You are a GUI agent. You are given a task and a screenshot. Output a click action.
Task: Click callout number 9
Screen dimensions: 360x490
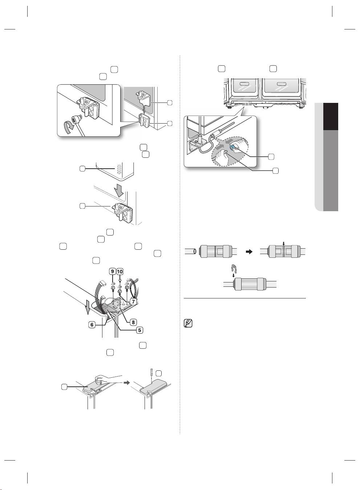[x=112, y=272]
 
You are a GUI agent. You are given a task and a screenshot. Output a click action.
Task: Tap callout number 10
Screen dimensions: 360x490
[x=120, y=272]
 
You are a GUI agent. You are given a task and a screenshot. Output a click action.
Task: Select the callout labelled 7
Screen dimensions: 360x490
[x=133, y=301]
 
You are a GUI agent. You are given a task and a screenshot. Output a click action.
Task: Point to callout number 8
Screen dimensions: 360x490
[x=133, y=322]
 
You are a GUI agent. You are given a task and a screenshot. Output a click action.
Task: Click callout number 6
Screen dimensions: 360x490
[x=92, y=325]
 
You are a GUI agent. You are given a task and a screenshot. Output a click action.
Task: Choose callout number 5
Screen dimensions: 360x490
[x=139, y=330]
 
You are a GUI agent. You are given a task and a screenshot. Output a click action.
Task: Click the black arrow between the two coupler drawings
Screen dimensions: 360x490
[x=249, y=252]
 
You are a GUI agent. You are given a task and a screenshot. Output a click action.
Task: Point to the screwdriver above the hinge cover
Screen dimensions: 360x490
[x=151, y=374]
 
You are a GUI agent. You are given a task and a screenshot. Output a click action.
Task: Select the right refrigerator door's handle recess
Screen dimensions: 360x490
[x=282, y=84]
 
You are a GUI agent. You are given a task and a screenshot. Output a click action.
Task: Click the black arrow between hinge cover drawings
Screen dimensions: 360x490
[x=126, y=383]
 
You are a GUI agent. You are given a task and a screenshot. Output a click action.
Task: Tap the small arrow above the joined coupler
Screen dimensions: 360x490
[x=284, y=243]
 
